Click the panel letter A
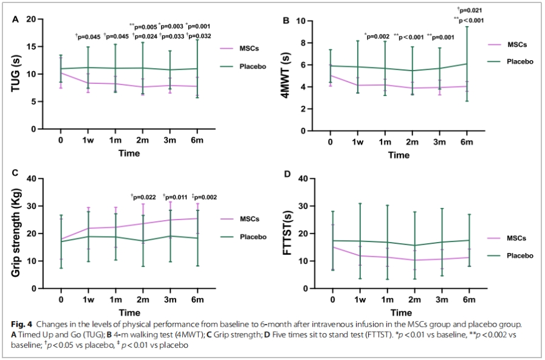[16, 19]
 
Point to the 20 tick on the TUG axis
[38, 19]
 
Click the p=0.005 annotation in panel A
[143, 26]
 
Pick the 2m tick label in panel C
[142, 300]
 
